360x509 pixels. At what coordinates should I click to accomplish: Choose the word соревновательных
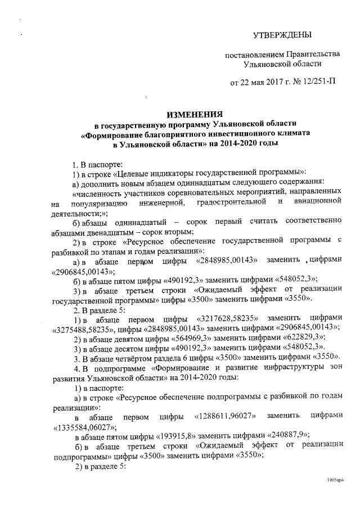coord(185,192)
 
